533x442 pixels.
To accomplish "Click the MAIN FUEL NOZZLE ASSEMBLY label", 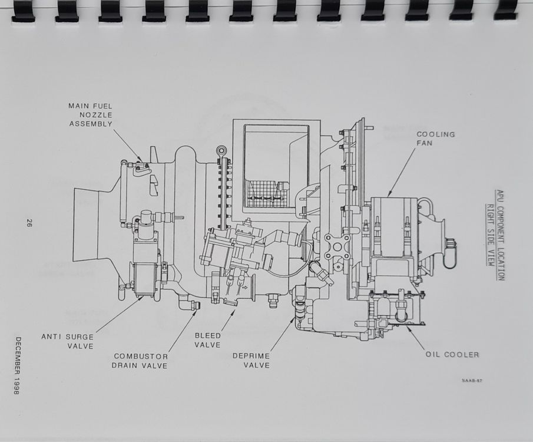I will (90, 115).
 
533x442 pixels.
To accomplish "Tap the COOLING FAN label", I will (436, 138).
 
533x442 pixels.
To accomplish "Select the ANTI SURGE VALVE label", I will (67, 341).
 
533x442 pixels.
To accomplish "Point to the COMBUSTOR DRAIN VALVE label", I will (140, 361).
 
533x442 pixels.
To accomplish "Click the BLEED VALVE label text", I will (208, 340).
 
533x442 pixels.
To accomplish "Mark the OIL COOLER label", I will (452, 355).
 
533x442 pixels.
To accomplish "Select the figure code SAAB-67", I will (472, 381).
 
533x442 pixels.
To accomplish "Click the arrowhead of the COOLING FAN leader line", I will (389, 195).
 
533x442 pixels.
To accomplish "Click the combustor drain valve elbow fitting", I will (194, 305).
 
